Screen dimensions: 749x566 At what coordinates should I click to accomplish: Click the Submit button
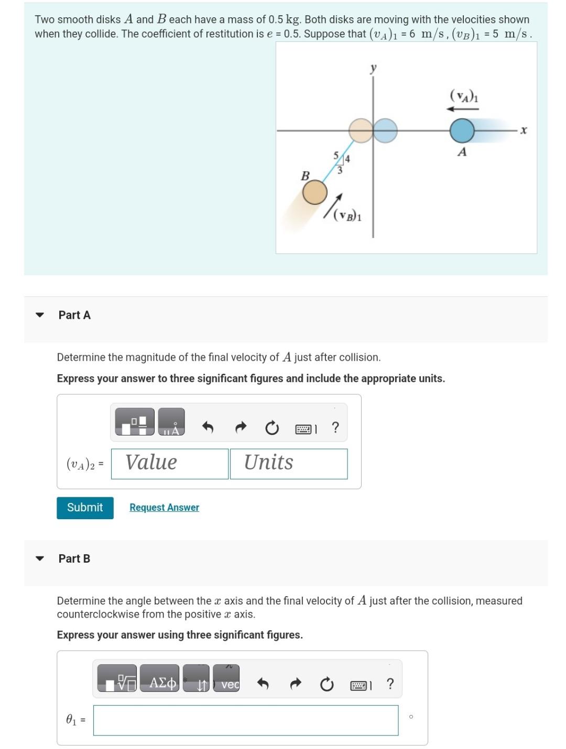pos(85,508)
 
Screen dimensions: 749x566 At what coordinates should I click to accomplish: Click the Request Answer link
pos(164,508)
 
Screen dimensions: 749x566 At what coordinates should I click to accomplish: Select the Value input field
pos(170,464)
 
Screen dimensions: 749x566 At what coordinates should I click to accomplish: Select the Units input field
pos(288,464)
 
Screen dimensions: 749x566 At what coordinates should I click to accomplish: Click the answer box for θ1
pos(245,720)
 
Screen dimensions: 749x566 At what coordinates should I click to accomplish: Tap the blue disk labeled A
pos(462,131)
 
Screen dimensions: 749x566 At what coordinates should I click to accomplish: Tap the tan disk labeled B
pos(315,192)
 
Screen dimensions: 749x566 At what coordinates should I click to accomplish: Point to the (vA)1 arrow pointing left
pos(462,109)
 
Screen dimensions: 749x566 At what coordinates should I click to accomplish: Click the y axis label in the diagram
pos(373,68)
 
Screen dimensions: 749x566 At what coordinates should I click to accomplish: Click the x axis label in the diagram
pos(523,130)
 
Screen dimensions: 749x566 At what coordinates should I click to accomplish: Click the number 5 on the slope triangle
pos(336,155)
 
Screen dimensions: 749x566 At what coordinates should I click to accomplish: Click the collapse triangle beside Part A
pos(39,315)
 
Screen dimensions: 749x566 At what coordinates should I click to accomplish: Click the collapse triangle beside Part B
pos(39,558)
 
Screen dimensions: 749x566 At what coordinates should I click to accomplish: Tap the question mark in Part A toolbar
pos(335,428)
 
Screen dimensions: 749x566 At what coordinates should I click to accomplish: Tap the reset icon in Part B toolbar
pos(326,684)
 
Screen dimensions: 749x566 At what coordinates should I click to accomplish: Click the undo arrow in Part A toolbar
pos(208,428)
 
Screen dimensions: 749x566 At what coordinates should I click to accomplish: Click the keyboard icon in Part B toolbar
pos(360,685)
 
